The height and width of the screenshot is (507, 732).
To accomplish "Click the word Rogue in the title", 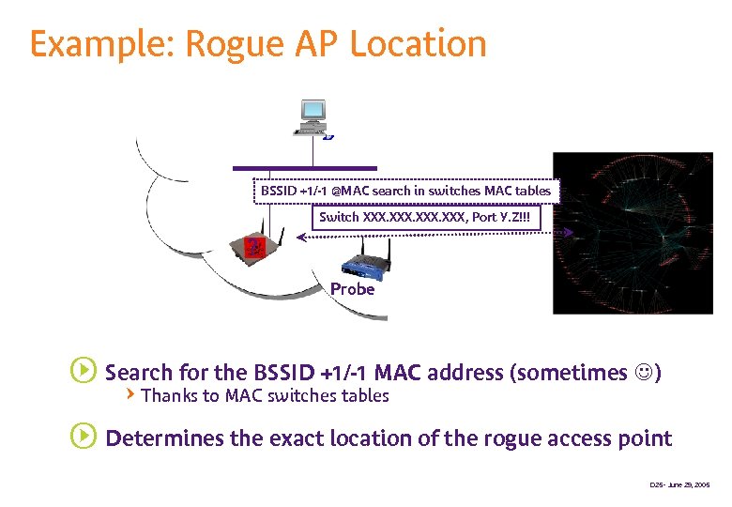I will point(232,44).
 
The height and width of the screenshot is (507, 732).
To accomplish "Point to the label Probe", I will point(352,289).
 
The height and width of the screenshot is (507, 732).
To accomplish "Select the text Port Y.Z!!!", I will point(508,217).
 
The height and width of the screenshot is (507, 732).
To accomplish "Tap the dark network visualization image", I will point(633,232).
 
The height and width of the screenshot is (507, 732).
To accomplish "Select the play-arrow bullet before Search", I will point(83,372).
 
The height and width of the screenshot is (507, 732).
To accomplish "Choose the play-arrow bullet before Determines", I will point(83,438).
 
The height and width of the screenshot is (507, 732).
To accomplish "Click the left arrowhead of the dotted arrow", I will point(302,238).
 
